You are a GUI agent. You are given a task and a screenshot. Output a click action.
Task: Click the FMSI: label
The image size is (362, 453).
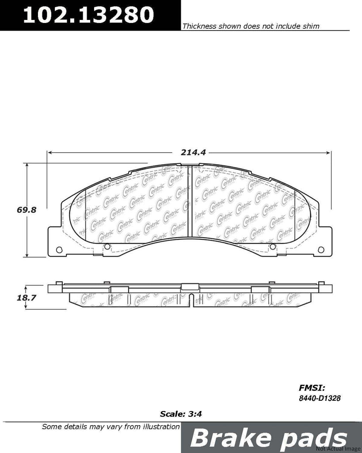click(312, 388)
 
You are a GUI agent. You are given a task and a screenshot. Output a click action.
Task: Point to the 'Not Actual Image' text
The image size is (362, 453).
click(343, 449)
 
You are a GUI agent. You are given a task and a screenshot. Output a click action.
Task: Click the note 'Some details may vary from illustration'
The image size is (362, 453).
click(111, 427)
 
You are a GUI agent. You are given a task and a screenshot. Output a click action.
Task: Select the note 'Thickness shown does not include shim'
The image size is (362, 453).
click(251, 26)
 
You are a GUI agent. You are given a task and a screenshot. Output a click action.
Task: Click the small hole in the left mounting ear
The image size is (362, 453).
click(59, 250)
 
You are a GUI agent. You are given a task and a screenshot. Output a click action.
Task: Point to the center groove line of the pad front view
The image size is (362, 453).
click(189, 203)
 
